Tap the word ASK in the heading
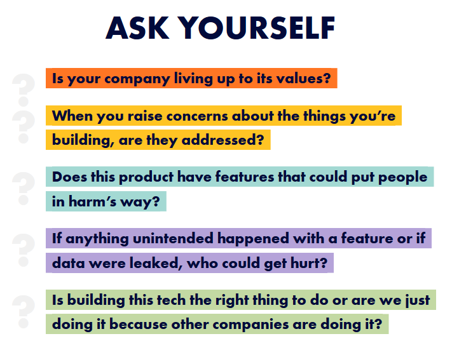tap(137, 28)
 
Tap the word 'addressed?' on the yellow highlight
tap(223, 140)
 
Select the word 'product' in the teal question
tap(146, 177)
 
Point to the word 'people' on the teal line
tap(402, 177)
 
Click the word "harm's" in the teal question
tap(92, 201)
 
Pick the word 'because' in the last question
tap(139, 325)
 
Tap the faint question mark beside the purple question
tap(24, 250)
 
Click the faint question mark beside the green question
tap(24, 311)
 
